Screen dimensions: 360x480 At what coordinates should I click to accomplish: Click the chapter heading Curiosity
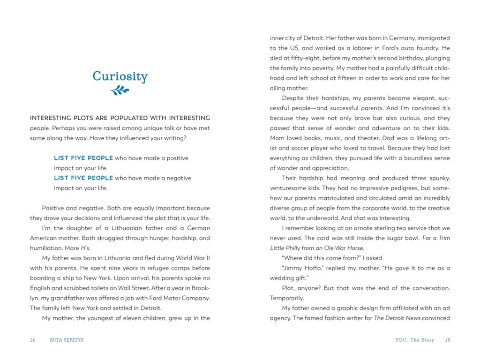120,76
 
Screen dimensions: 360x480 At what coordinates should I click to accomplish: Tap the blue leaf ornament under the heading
120,90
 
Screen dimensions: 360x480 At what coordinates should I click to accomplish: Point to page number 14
32,340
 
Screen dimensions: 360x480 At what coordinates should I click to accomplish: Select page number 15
447,340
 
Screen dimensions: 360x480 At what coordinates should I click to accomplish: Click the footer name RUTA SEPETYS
67,340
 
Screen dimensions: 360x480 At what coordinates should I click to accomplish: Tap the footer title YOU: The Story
415,340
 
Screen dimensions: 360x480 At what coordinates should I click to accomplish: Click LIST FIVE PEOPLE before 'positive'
83,158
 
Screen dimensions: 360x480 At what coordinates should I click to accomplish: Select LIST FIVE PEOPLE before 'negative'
83,178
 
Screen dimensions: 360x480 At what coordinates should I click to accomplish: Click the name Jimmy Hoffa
300,268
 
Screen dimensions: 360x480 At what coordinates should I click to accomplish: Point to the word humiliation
46,248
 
